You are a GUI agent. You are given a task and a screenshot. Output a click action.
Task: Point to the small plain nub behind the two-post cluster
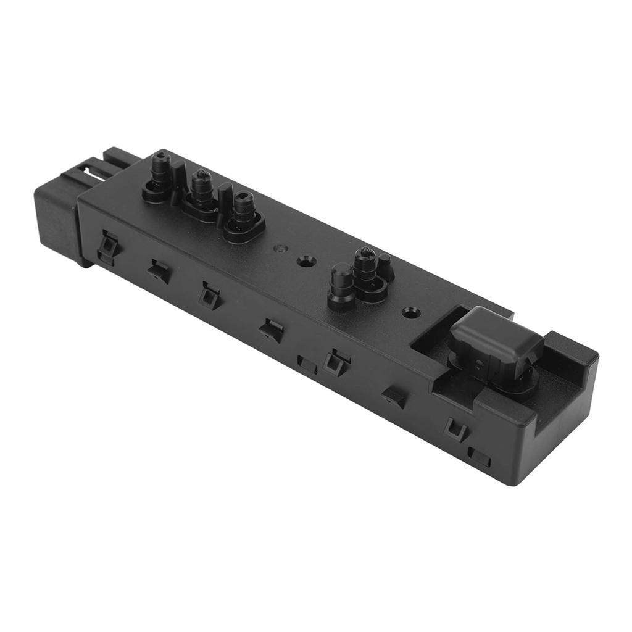point(385,264)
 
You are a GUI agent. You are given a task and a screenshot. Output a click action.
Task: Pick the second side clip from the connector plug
point(159,271)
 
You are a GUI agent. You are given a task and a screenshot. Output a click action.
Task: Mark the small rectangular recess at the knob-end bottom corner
point(480,457)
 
